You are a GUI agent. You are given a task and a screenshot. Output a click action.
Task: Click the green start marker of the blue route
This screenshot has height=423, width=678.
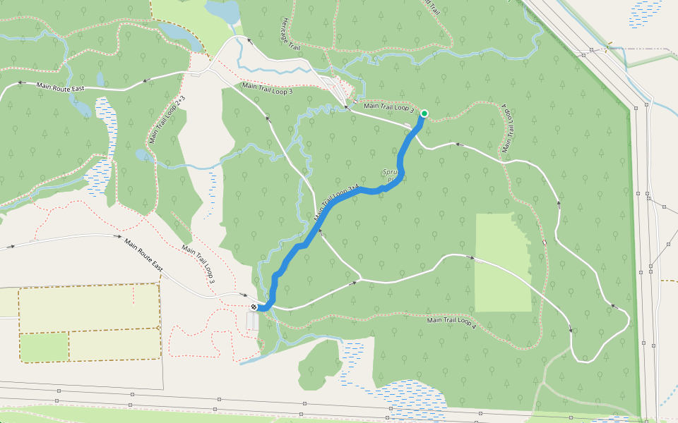424,113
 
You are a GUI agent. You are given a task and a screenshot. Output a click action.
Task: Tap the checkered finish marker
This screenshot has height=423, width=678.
254,307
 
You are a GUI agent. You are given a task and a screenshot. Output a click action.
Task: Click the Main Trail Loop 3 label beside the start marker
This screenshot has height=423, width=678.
388,107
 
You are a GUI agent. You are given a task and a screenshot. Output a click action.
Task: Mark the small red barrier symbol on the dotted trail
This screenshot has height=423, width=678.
545,243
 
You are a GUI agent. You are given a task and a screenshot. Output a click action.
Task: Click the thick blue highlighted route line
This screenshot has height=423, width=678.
339,202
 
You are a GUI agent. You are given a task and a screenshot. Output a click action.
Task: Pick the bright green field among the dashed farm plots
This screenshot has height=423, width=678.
44,347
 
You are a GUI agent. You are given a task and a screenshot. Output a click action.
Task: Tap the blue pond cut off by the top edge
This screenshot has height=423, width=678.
223,11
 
